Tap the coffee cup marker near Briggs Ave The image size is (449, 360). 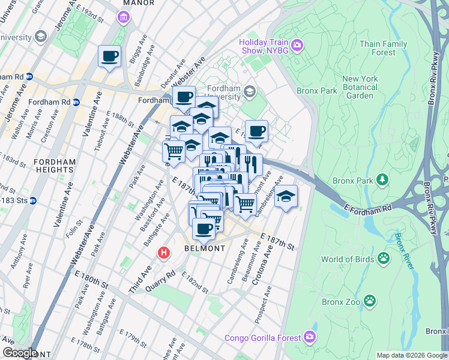pos(109,57)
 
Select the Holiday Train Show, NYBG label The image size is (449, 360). pos(264,46)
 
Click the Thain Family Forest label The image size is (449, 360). pos(384,48)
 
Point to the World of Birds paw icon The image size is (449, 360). pos(383,259)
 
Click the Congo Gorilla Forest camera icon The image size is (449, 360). pos(309,337)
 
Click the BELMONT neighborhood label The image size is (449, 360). pos(205,248)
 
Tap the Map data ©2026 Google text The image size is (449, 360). pos(412,355)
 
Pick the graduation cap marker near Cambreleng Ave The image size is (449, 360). pos(286,197)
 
